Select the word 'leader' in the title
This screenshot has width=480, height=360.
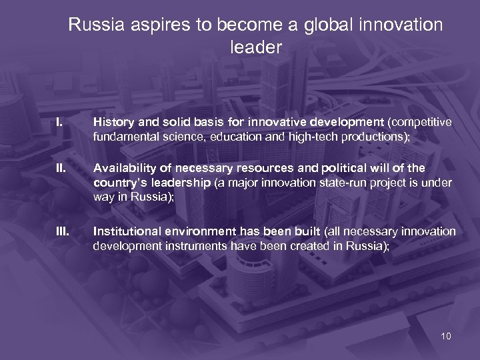coord(256,48)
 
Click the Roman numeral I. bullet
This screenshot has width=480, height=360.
coord(59,123)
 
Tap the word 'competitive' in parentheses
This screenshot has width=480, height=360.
coord(421,123)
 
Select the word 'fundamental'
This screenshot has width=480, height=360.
coord(123,137)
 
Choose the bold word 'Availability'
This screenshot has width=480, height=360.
coord(123,168)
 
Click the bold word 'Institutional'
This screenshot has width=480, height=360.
coord(125,231)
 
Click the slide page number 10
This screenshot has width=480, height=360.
coord(445,336)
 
